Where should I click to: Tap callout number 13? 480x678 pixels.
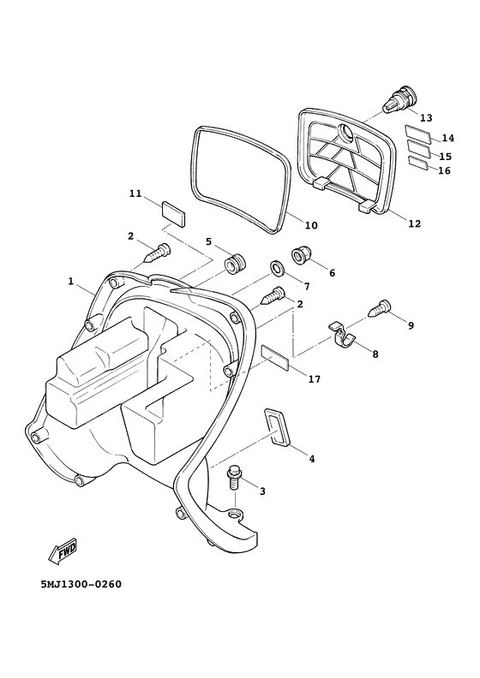pyautogui.click(x=425, y=117)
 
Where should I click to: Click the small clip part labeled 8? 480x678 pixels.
pyautogui.click(x=345, y=335)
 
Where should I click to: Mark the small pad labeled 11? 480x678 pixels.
pyautogui.click(x=172, y=211)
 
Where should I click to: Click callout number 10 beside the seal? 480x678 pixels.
pyautogui.click(x=310, y=225)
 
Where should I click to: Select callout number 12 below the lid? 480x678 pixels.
pyautogui.click(x=414, y=223)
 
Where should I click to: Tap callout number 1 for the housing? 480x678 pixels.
pyautogui.click(x=72, y=280)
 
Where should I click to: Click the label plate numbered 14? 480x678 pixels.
pyautogui.click(x=419, y=133)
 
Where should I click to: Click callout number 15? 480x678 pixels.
pyautogui.click(x=445, y=156)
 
